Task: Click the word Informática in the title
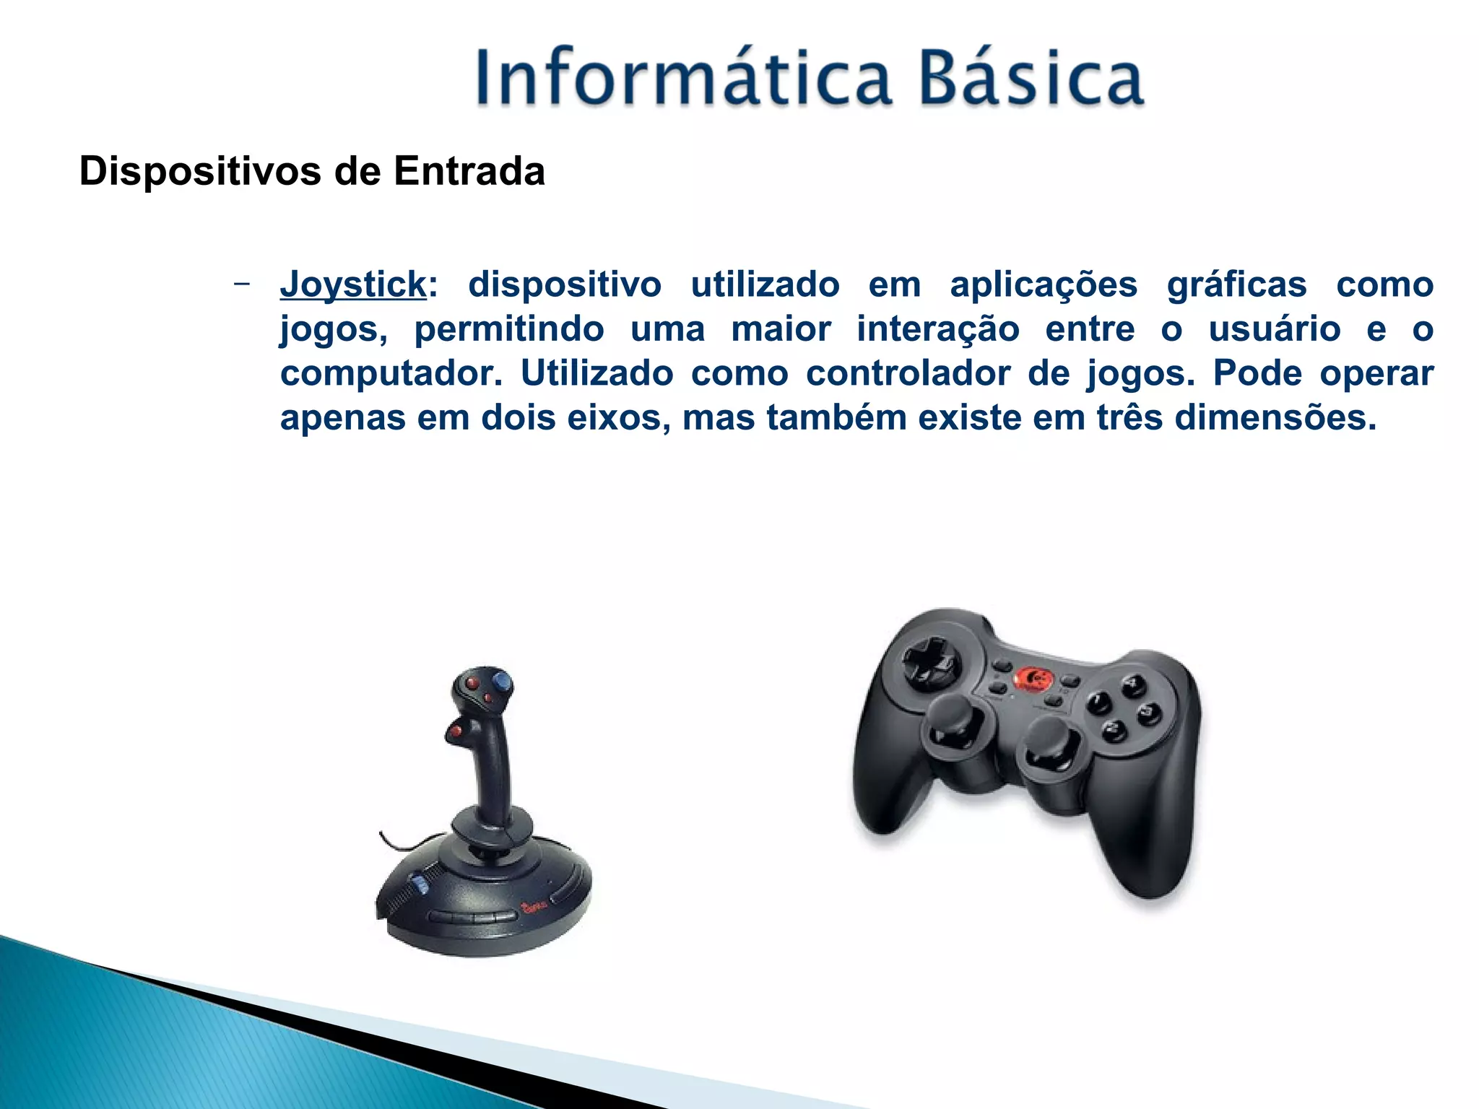pos(682,78)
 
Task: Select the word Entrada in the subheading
pos(469,172)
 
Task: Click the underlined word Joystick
pos(353,284)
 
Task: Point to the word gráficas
pos(1236,284)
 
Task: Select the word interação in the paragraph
pos(937,329)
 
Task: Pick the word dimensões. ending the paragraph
pos(1275,418)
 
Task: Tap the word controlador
pos(908,374)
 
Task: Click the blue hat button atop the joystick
pos(502,682)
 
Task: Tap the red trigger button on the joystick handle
pos(456,732)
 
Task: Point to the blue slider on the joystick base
pos(419,884)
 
